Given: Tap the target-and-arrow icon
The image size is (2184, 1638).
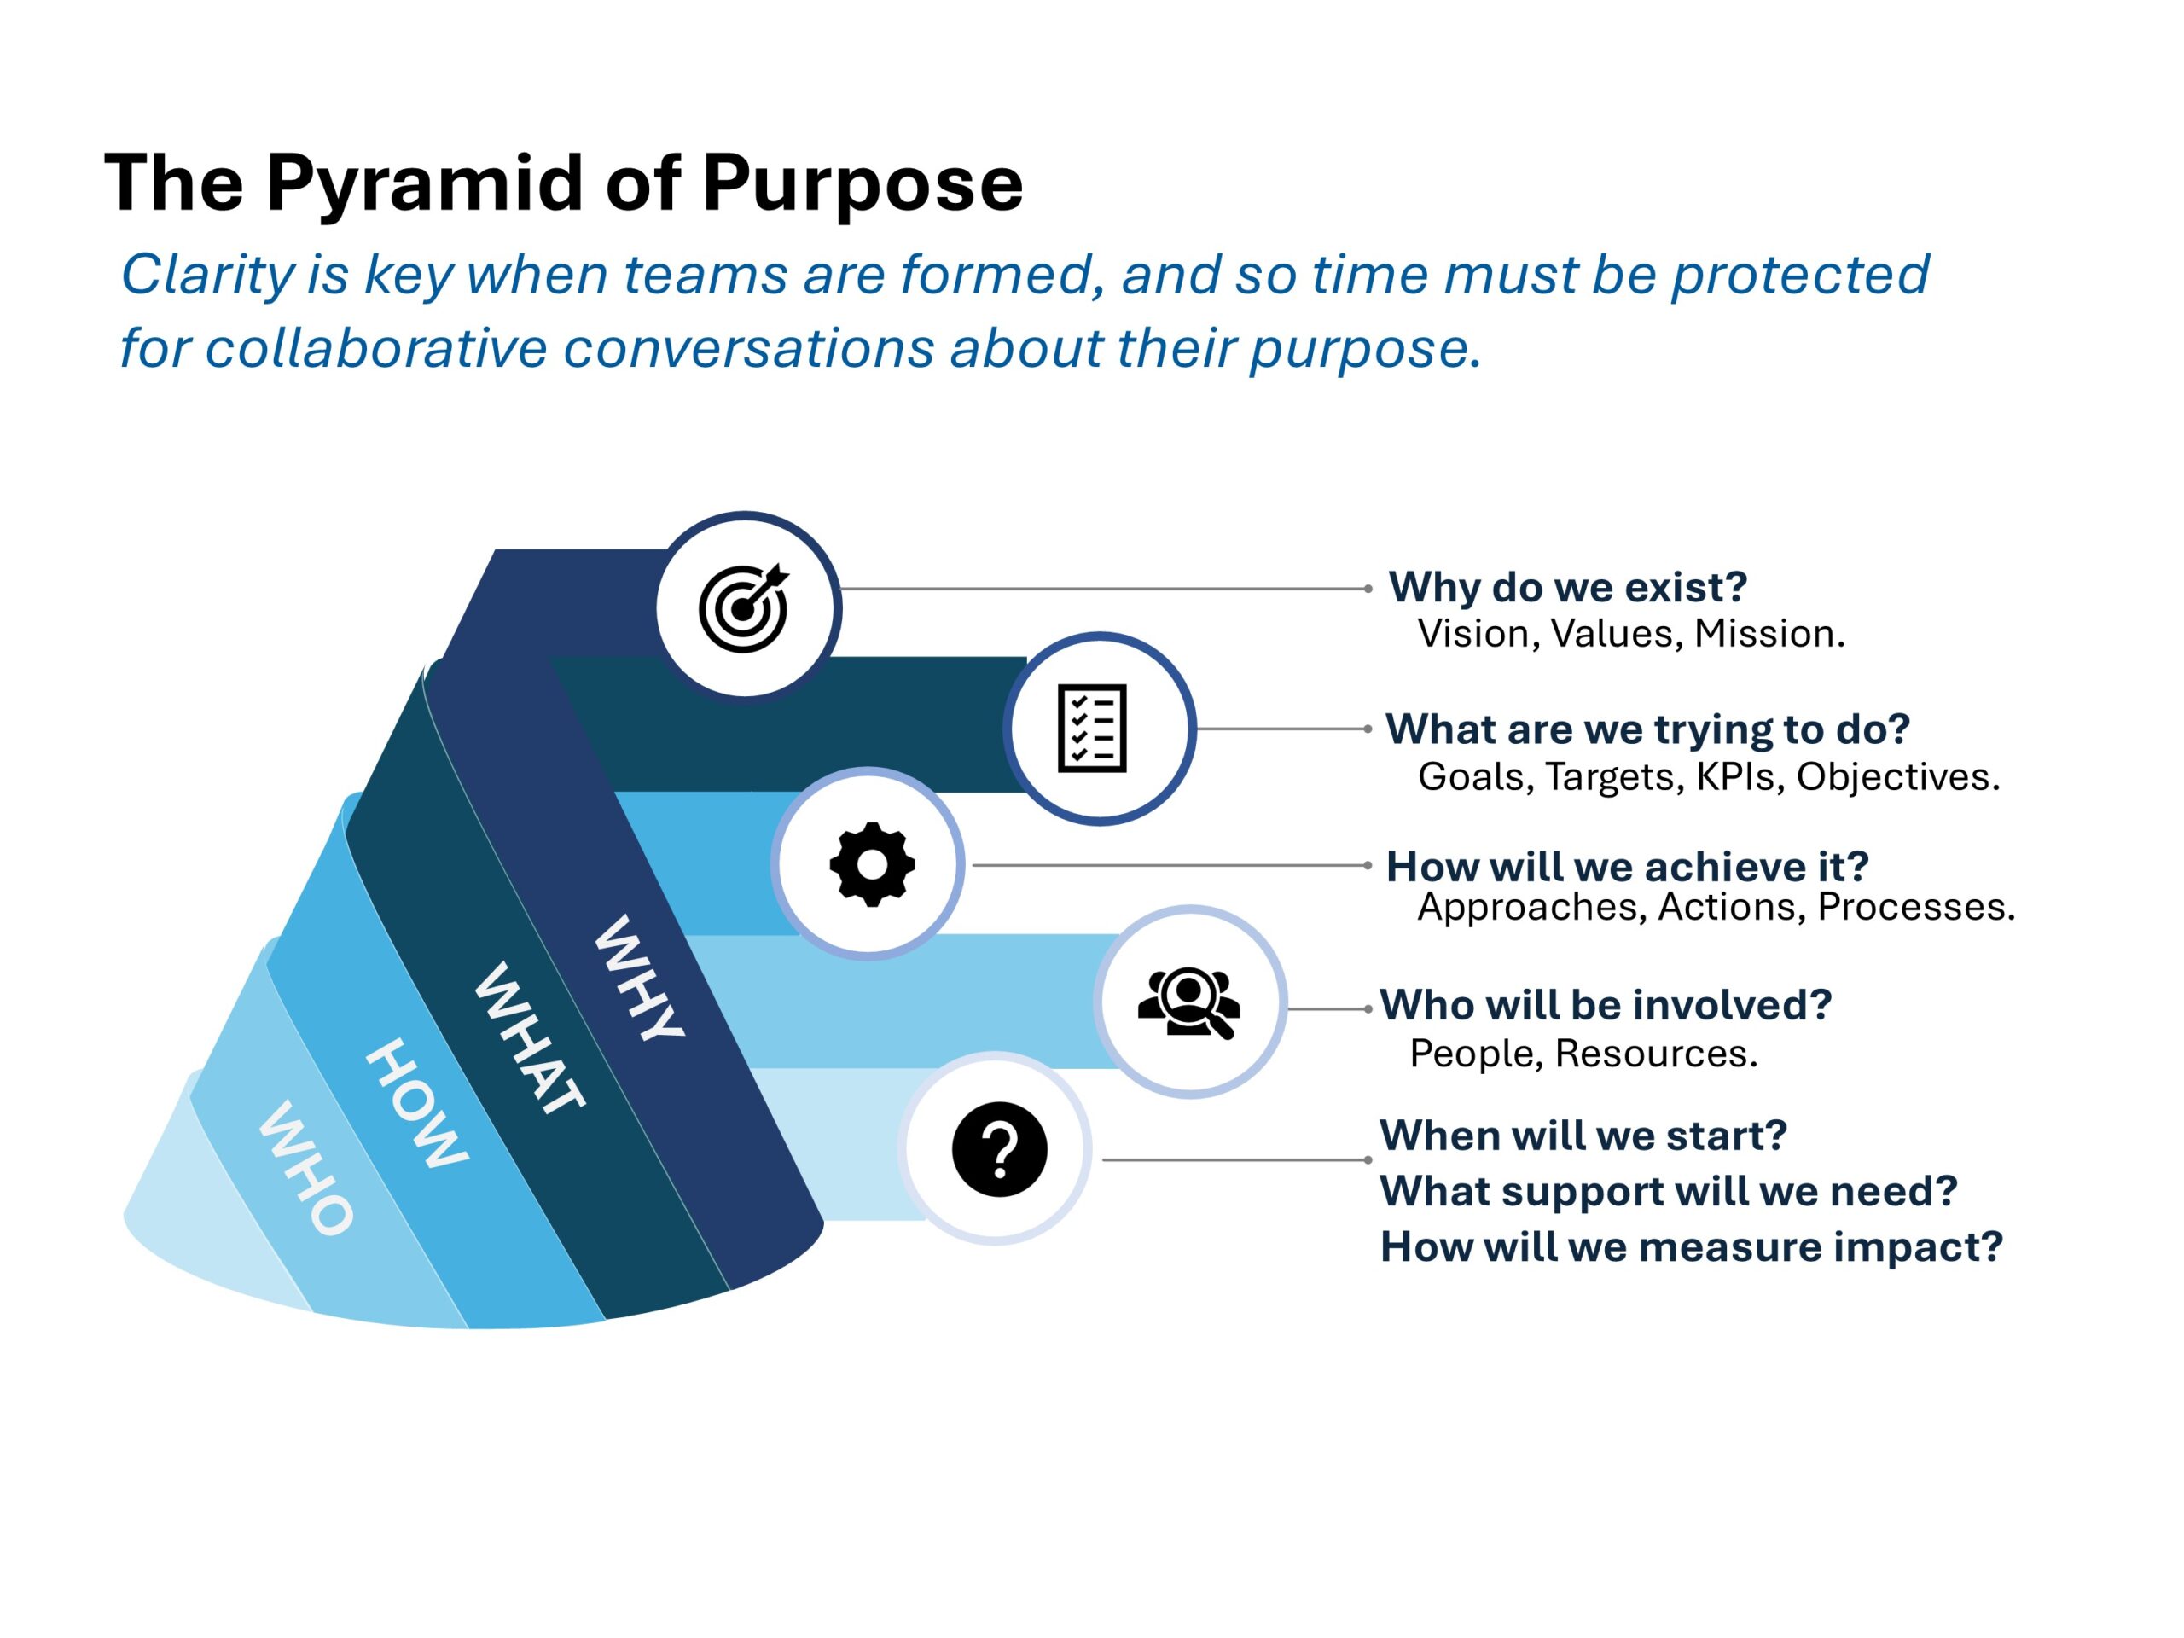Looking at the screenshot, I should coord(743,608).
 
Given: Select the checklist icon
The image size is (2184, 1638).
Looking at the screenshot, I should coord(1092,729).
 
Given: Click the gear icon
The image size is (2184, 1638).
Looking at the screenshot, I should coord(872,864).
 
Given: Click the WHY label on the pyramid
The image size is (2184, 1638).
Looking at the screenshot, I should coord(639,977).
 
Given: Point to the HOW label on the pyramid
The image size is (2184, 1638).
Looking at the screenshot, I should coord(416,1103).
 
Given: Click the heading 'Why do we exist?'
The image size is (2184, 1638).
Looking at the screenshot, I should coord(1568,589).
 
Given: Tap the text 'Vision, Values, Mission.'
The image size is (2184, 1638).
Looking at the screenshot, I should coord(1631,634).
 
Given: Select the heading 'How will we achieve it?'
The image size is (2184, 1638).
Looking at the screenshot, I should coord(1627,867).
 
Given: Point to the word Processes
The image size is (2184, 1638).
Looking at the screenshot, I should coord(1915,908).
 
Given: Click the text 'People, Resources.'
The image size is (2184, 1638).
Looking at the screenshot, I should coord(1583,1054).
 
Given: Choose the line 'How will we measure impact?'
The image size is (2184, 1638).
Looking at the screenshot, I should coord(1691,1247).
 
